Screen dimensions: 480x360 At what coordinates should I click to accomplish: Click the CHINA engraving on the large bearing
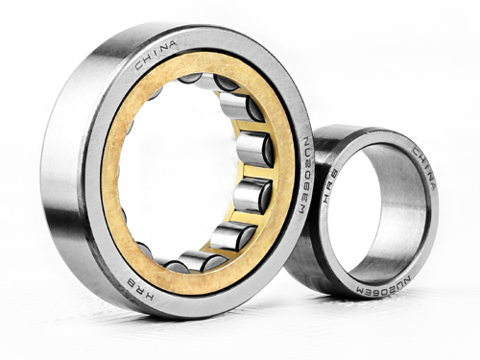155,54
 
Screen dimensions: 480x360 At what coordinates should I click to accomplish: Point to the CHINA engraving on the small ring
423,168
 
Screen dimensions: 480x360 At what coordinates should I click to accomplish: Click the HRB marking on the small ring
330,186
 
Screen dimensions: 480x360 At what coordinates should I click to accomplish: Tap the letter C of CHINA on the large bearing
139,65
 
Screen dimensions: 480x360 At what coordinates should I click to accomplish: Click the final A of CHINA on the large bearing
171,44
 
